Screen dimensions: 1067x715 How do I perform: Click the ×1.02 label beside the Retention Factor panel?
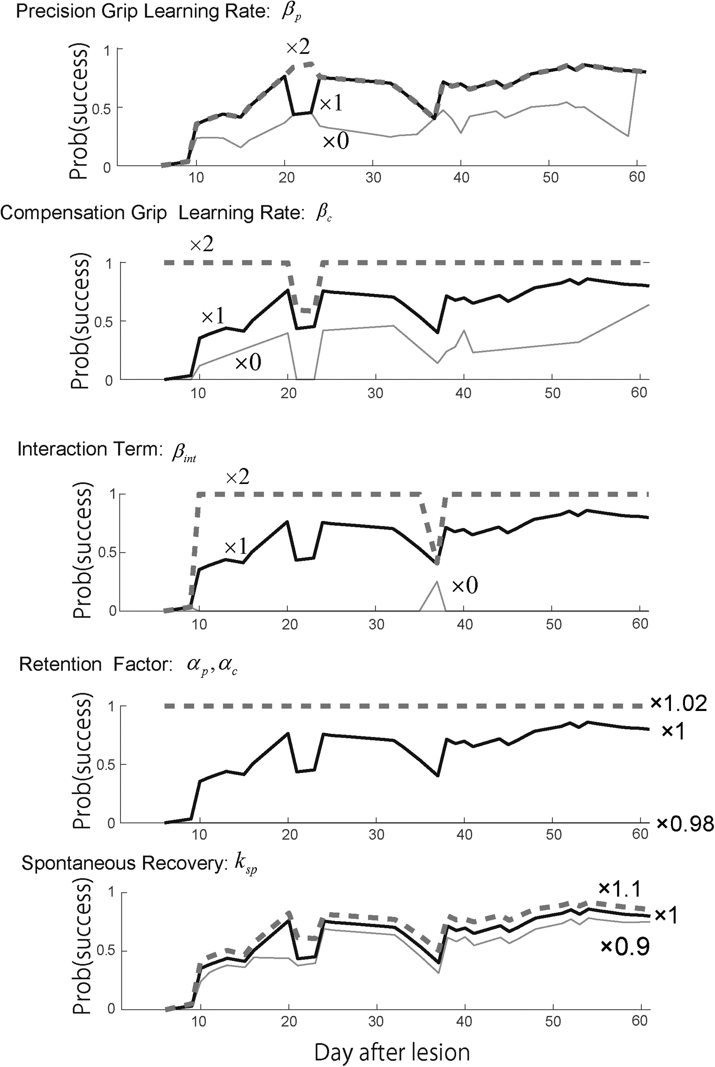(x=678, y=703)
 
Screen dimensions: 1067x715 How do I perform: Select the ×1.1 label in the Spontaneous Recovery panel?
(x=619, y=888)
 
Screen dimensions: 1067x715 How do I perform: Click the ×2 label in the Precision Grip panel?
(x=298, y=47)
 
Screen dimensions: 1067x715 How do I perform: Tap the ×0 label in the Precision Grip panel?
(x=336, y=141)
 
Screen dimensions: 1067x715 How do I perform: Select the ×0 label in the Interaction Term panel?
(x=465, y=585)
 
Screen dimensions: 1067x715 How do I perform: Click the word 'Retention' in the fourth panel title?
(x=60, y=665)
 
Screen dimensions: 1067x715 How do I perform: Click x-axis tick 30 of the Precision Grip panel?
(x=373, y=177)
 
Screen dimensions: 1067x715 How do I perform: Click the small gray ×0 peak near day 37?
(x=437, y=583)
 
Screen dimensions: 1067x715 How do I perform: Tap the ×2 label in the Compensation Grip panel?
(x=202, y=244)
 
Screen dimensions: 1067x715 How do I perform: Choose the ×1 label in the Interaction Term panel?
(x=235, y=547)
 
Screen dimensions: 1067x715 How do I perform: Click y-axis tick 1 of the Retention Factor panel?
(x=111, y=706)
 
